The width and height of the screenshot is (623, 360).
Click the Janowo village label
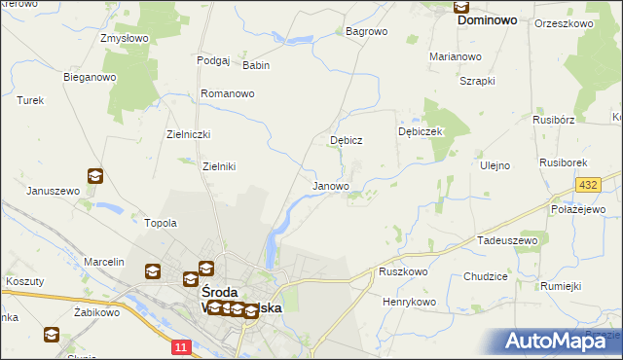(x=330, y=186)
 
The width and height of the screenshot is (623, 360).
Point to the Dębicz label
(x=347, y=140)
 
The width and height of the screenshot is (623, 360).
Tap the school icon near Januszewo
(x=95, y=176)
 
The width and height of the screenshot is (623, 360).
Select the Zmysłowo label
(x=124, y=39)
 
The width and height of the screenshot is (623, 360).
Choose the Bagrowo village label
(x=367, y=31)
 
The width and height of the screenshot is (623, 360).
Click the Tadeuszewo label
(x=507, y=239)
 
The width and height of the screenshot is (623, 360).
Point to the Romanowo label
(x=227, y=93)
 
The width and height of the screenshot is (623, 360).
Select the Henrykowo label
(x=409, y=302)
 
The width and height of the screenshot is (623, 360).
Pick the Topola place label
(x=161, y=223)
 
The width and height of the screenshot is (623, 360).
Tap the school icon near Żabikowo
(x=51, y=336)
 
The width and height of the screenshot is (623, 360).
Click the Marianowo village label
(x=456, y=56)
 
